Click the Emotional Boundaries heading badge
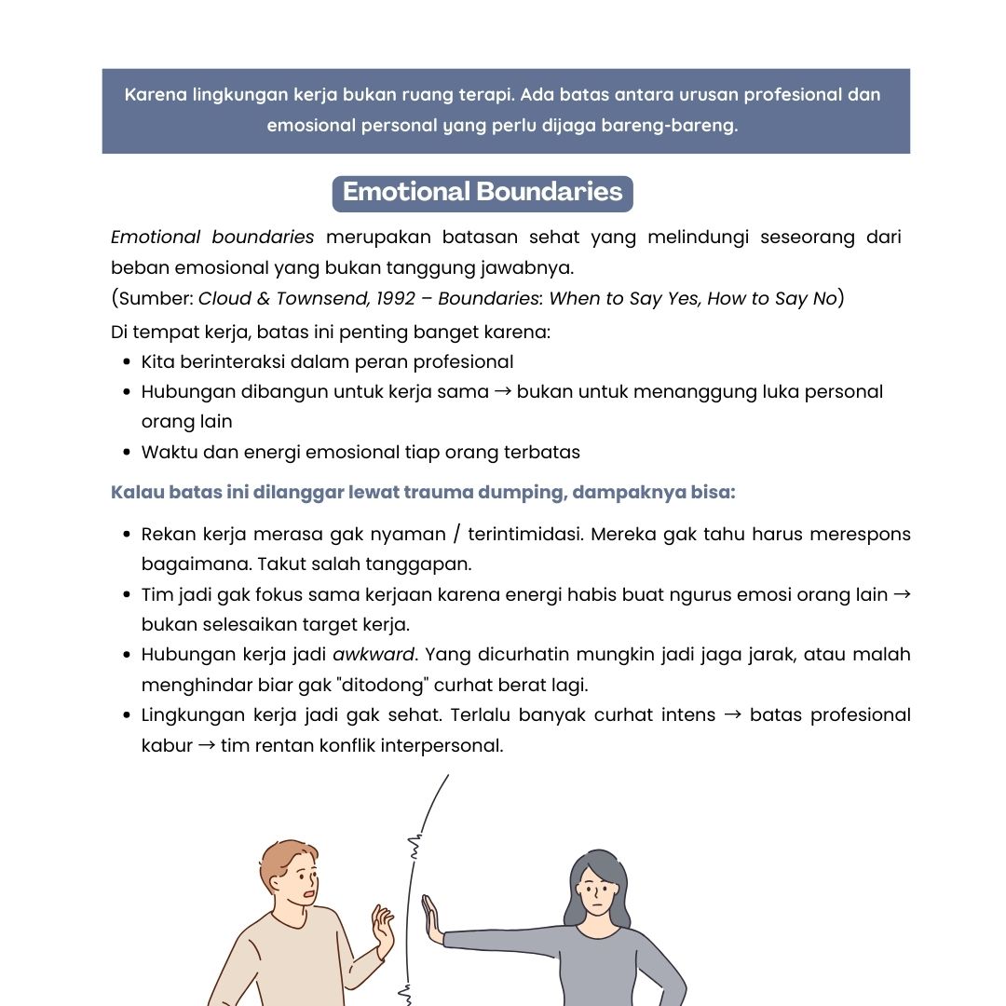(x=483, y=193)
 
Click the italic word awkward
(x=373, y=654)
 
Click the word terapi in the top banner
(x=486, y=95)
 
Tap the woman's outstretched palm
(x=430, y=918)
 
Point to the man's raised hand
(x=382, y=927)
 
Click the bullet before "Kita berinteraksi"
(x=127, y=361)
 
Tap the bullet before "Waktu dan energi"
(x=127, y=453)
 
